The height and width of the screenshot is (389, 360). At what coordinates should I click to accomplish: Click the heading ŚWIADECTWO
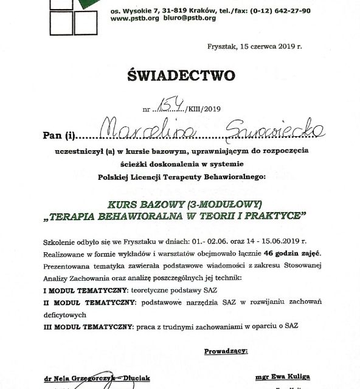pos(181,75)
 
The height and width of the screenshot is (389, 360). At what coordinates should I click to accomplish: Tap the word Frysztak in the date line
pos(223,46)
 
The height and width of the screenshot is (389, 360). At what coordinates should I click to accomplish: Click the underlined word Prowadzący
pos(225,351)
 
